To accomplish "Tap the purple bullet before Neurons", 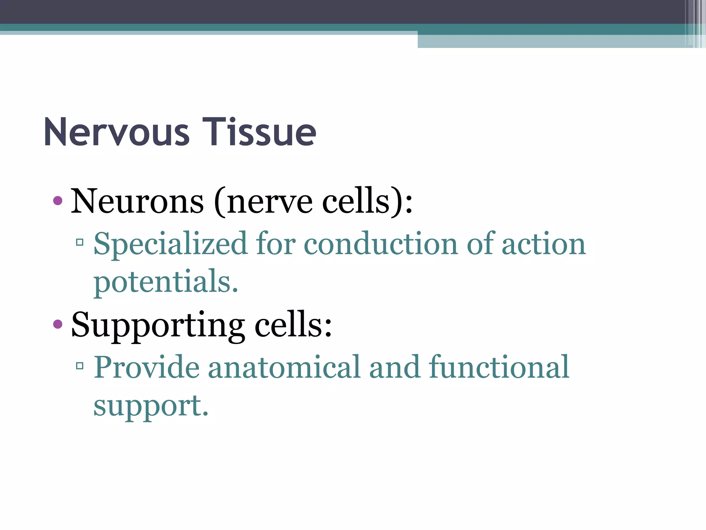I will [x=58, y=200].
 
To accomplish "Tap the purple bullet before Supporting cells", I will [x=58, y=324].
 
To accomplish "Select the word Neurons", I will [x=137, y=201].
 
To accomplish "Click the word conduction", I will [x=381, y=244].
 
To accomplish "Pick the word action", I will [x=544, y=244].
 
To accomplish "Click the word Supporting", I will [x=158, y=325].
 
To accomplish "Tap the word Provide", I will [x=147, y=367].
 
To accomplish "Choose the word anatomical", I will [x=284, y=367].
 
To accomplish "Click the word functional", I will [x=499, y=367].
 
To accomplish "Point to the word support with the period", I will [x=151, y=406].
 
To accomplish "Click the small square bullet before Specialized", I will [x=80, y=243].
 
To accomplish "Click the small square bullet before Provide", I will [x=80, y=366].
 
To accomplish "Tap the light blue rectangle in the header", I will [x=552, y=41].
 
